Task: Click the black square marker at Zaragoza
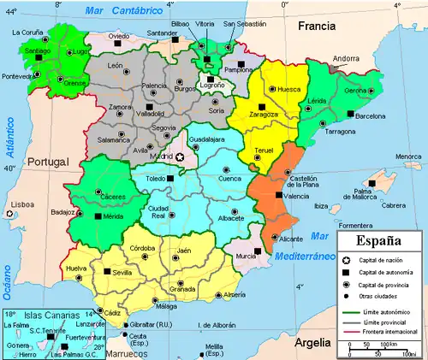(263, 107)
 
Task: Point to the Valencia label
(295, 197)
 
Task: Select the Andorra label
(346, 58)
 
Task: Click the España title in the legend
(377, 240)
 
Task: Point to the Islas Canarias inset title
(40, 314)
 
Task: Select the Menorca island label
(408, 156)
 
